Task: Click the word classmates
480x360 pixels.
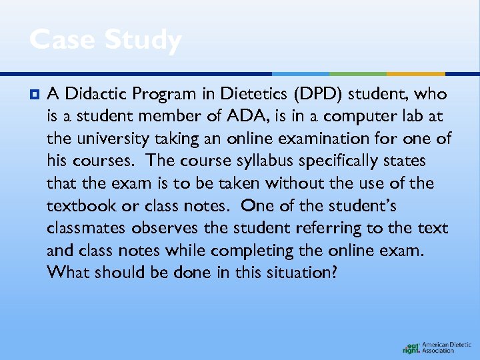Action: click(x=88, y=228)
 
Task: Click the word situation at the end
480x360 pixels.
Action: click(x=295, y=273)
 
